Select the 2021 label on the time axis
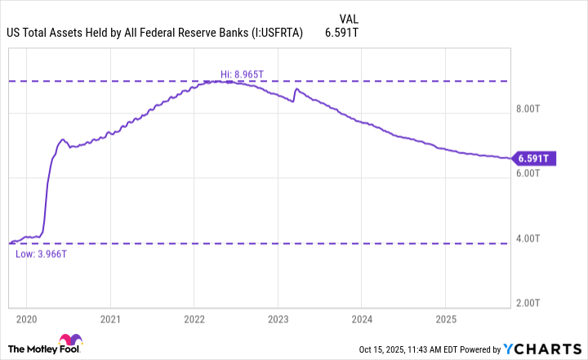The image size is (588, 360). tap(111, 318)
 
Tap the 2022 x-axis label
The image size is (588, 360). tap(194, 318)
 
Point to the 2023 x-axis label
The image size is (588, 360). tap(278, 318)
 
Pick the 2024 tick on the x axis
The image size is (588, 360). tap(363, 318)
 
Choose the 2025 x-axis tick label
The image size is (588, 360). tap(446, 318)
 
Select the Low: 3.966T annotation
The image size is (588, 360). tap(40, 255)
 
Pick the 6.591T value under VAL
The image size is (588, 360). tap(347, 33)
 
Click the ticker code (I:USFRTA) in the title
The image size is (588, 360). tap(269, 33)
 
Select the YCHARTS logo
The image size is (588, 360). tap(548, 349)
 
